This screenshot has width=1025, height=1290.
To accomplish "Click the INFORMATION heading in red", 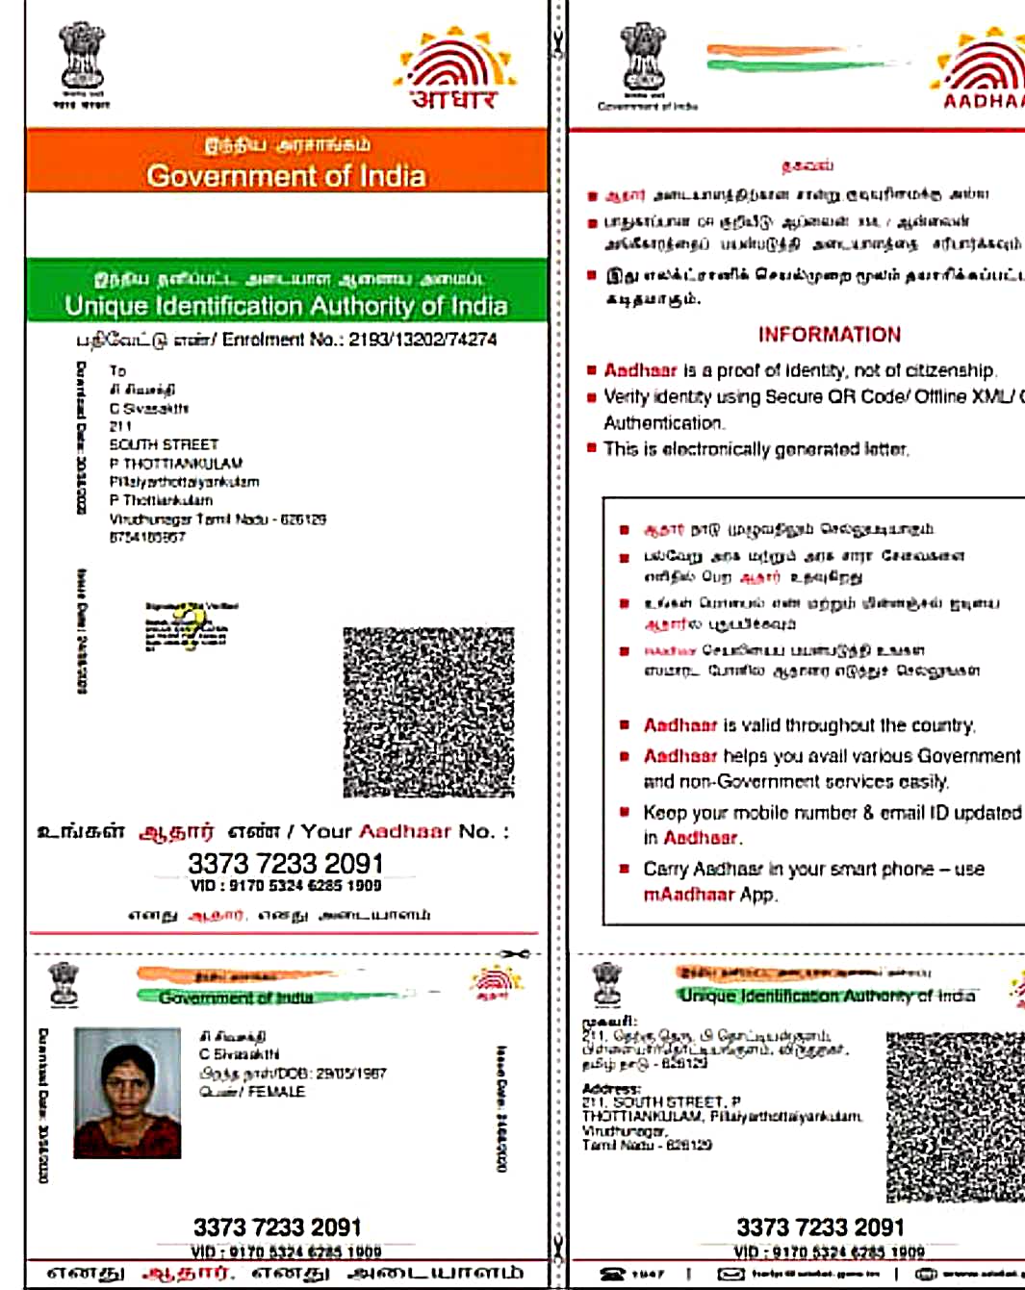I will click(x=829, y=335).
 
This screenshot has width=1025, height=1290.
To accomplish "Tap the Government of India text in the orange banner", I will click(x=286, y=176).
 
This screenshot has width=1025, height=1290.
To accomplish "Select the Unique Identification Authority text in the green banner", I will click(x=286, y=306).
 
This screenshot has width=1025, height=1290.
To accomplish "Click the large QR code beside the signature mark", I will click(x=428, y=712).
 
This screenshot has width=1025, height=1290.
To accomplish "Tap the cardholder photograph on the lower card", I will click(x=127, y=1093).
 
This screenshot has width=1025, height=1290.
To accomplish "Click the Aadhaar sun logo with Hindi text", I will click(x=455, y=69).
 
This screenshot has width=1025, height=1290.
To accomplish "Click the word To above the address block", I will click(x=117, y=370).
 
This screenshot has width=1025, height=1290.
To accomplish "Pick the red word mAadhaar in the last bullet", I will click(x=688, y=895).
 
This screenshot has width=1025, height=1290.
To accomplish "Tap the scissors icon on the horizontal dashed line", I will click(x=515, y=954).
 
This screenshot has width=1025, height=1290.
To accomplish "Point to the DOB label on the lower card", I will click(x=294, y=1073).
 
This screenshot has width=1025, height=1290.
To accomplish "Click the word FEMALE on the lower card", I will click(x=276, y=1092).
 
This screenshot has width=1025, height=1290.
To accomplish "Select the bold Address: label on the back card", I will click(x=610, y=1089).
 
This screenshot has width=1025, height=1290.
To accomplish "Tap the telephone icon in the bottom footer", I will click(x=612, y=1274).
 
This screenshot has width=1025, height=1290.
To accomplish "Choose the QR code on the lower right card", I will click(x=953, y=1116).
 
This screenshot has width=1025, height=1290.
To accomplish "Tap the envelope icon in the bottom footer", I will click(x=731, y=1274).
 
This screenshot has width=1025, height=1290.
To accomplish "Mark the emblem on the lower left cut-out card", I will click(x=64, y=984).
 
